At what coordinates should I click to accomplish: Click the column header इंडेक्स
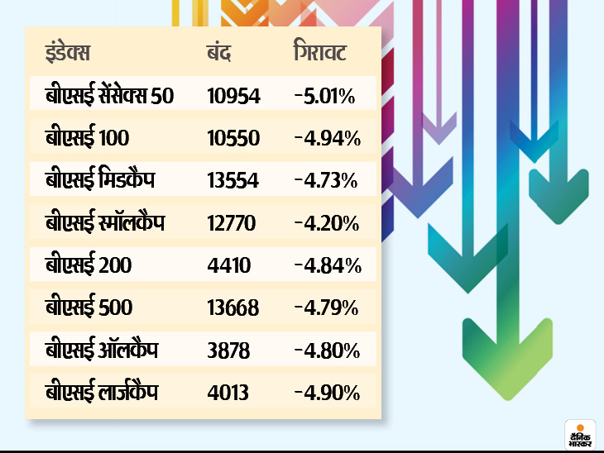coord(68,54)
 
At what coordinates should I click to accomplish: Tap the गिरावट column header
coord(320,54)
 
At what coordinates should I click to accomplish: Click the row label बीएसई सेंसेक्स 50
coord(110,97)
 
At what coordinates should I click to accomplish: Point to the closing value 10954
coord(234,97)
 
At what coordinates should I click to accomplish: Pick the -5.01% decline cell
coord(324,97)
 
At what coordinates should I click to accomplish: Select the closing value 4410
coord(228,266)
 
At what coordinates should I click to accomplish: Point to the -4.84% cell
coord(326,266)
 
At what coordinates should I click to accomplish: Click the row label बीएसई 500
coord(89,308)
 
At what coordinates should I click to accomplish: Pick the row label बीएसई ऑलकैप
coord(101,350)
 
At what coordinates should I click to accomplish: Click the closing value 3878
coord(228,350)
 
